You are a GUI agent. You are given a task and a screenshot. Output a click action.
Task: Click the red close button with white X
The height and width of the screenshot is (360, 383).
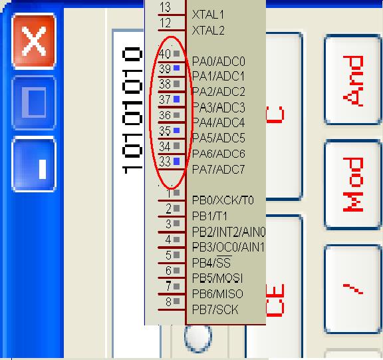[34, 41]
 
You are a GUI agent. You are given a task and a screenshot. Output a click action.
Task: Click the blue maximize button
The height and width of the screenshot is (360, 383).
[34, 102]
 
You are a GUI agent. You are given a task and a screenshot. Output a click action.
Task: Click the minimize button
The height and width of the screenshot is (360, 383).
[34, 164]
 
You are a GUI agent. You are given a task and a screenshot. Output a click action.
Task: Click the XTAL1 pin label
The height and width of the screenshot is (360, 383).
[208, 15]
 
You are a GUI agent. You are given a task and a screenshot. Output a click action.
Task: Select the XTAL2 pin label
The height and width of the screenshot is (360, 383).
[208, 31]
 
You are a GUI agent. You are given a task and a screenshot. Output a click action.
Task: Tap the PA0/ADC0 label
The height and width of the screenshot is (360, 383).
[218, 61]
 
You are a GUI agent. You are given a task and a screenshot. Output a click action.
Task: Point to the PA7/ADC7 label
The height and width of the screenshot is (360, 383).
[218, 170]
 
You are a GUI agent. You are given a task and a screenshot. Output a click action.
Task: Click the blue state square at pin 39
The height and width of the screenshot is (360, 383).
[177, 68]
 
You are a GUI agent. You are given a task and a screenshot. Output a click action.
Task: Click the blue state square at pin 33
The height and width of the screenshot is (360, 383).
[177, 161]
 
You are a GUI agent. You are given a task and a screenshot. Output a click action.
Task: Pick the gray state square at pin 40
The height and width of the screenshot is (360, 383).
[177, 53]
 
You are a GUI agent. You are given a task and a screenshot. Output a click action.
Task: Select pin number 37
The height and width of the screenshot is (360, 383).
[165, 100]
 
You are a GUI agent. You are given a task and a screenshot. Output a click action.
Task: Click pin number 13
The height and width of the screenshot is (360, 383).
[165, 7]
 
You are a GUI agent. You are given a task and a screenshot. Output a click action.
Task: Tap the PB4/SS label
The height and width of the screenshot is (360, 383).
[211, 262]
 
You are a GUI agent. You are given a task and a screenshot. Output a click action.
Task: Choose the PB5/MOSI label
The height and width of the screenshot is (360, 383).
[217, 278]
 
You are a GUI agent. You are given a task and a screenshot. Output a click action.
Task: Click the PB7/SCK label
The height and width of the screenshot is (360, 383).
[215, 309]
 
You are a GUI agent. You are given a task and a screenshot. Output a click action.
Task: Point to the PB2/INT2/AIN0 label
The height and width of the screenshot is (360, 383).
[229, 232]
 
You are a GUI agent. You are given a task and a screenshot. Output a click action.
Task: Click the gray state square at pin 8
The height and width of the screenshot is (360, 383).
[177, 301]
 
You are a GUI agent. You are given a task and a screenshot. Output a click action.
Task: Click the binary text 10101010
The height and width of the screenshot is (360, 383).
[132, 110]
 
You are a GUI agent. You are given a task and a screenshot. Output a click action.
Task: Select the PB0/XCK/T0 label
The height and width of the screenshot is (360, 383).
[223, 200]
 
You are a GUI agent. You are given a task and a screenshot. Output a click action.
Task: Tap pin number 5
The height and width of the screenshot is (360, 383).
[168, 255]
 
